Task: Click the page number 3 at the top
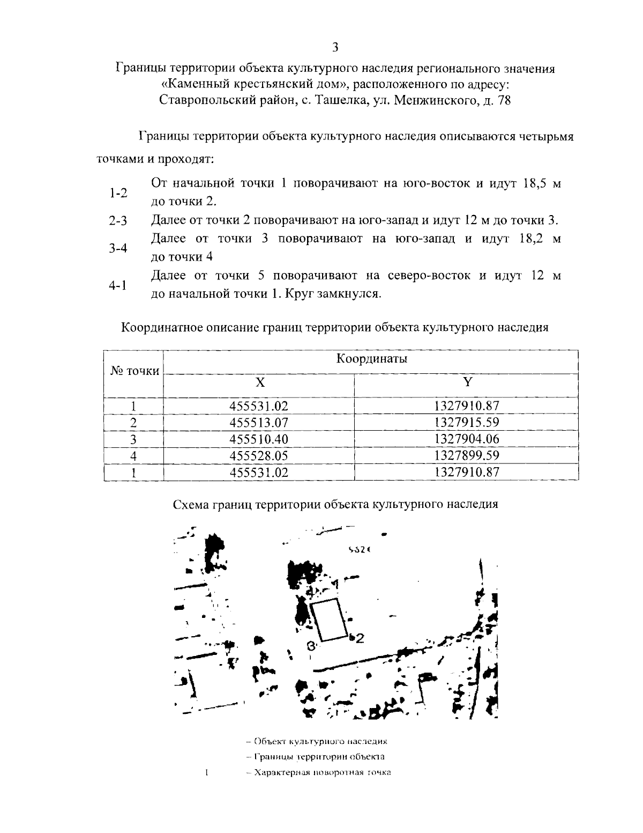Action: click(335, 47)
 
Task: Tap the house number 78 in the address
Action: click(504, 100)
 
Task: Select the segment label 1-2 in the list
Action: click(118, 193)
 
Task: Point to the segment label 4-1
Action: click(118, 285)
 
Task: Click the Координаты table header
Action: click(371, 359)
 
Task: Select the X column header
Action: click(259, 382)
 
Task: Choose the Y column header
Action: click(468, 382)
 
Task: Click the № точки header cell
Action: click(134, 371)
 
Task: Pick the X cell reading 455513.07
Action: click(259, 422)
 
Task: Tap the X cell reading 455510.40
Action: click(259, 439)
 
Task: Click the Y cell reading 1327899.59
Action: click(467, 455)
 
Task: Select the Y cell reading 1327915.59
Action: click(467, 422)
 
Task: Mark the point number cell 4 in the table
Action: click(134, 456)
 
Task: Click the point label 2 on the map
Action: click(360, 638)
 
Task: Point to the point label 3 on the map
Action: click(310, 646)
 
